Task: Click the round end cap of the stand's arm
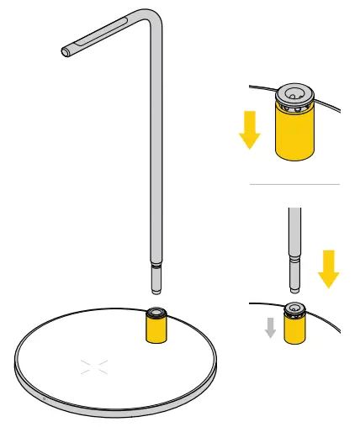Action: pos(66,51)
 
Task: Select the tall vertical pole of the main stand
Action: pos(155,151)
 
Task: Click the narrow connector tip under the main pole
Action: pos(156,278)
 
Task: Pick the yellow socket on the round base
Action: pos(156,329)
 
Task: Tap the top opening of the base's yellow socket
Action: pos(156,314)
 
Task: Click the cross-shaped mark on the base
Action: pos(94,366)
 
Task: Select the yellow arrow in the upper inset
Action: pos(250,129)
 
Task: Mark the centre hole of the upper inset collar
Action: pos(294,92)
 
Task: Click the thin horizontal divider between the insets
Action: pos(294,184)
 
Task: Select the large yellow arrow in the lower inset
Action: pos(328,267)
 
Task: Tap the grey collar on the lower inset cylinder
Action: pos(294,312)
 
